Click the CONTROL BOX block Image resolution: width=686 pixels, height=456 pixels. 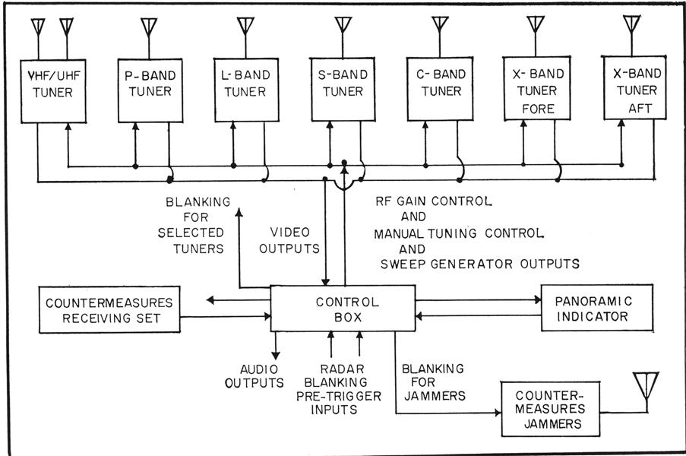click(343, 308)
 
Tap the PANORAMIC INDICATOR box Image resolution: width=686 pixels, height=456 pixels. click(596, 309)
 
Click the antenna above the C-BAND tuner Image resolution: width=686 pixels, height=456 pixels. click(440, 25)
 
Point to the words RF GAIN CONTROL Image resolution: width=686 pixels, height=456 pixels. click(434, 201)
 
